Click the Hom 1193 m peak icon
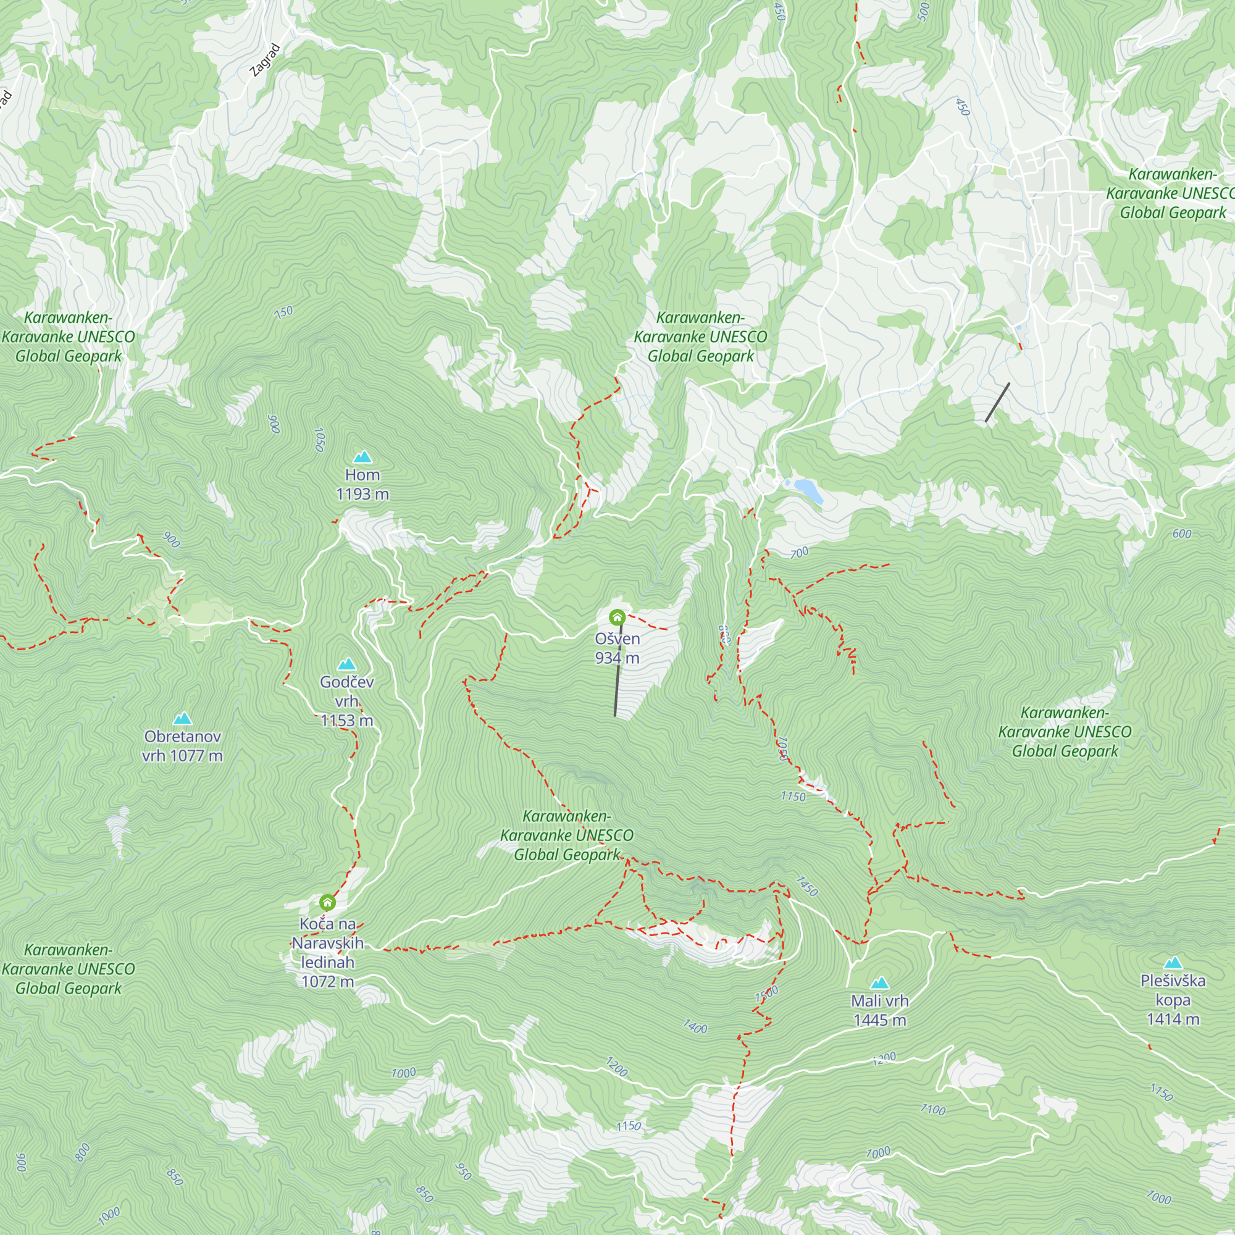coord(362,456)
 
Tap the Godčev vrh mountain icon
coord(347,664)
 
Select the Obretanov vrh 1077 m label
coord(182,745)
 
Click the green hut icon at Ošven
coord(617,617)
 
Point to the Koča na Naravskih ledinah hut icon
coord(327,903)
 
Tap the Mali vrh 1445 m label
coord(879,1010)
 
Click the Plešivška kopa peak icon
coord(1173,963)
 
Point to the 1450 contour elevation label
coord(806,885)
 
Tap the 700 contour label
coord(799,553)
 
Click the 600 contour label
coord(1181,534)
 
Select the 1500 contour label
coord(766,994)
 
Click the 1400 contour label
coord(695,1028)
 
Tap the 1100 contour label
coord(932,1110)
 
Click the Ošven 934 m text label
coord(617,648)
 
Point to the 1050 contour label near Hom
coord(320,440)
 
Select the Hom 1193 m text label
coord(362,484)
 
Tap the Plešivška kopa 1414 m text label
coord(1173,1000)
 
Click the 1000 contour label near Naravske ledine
coord(403,1073)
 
